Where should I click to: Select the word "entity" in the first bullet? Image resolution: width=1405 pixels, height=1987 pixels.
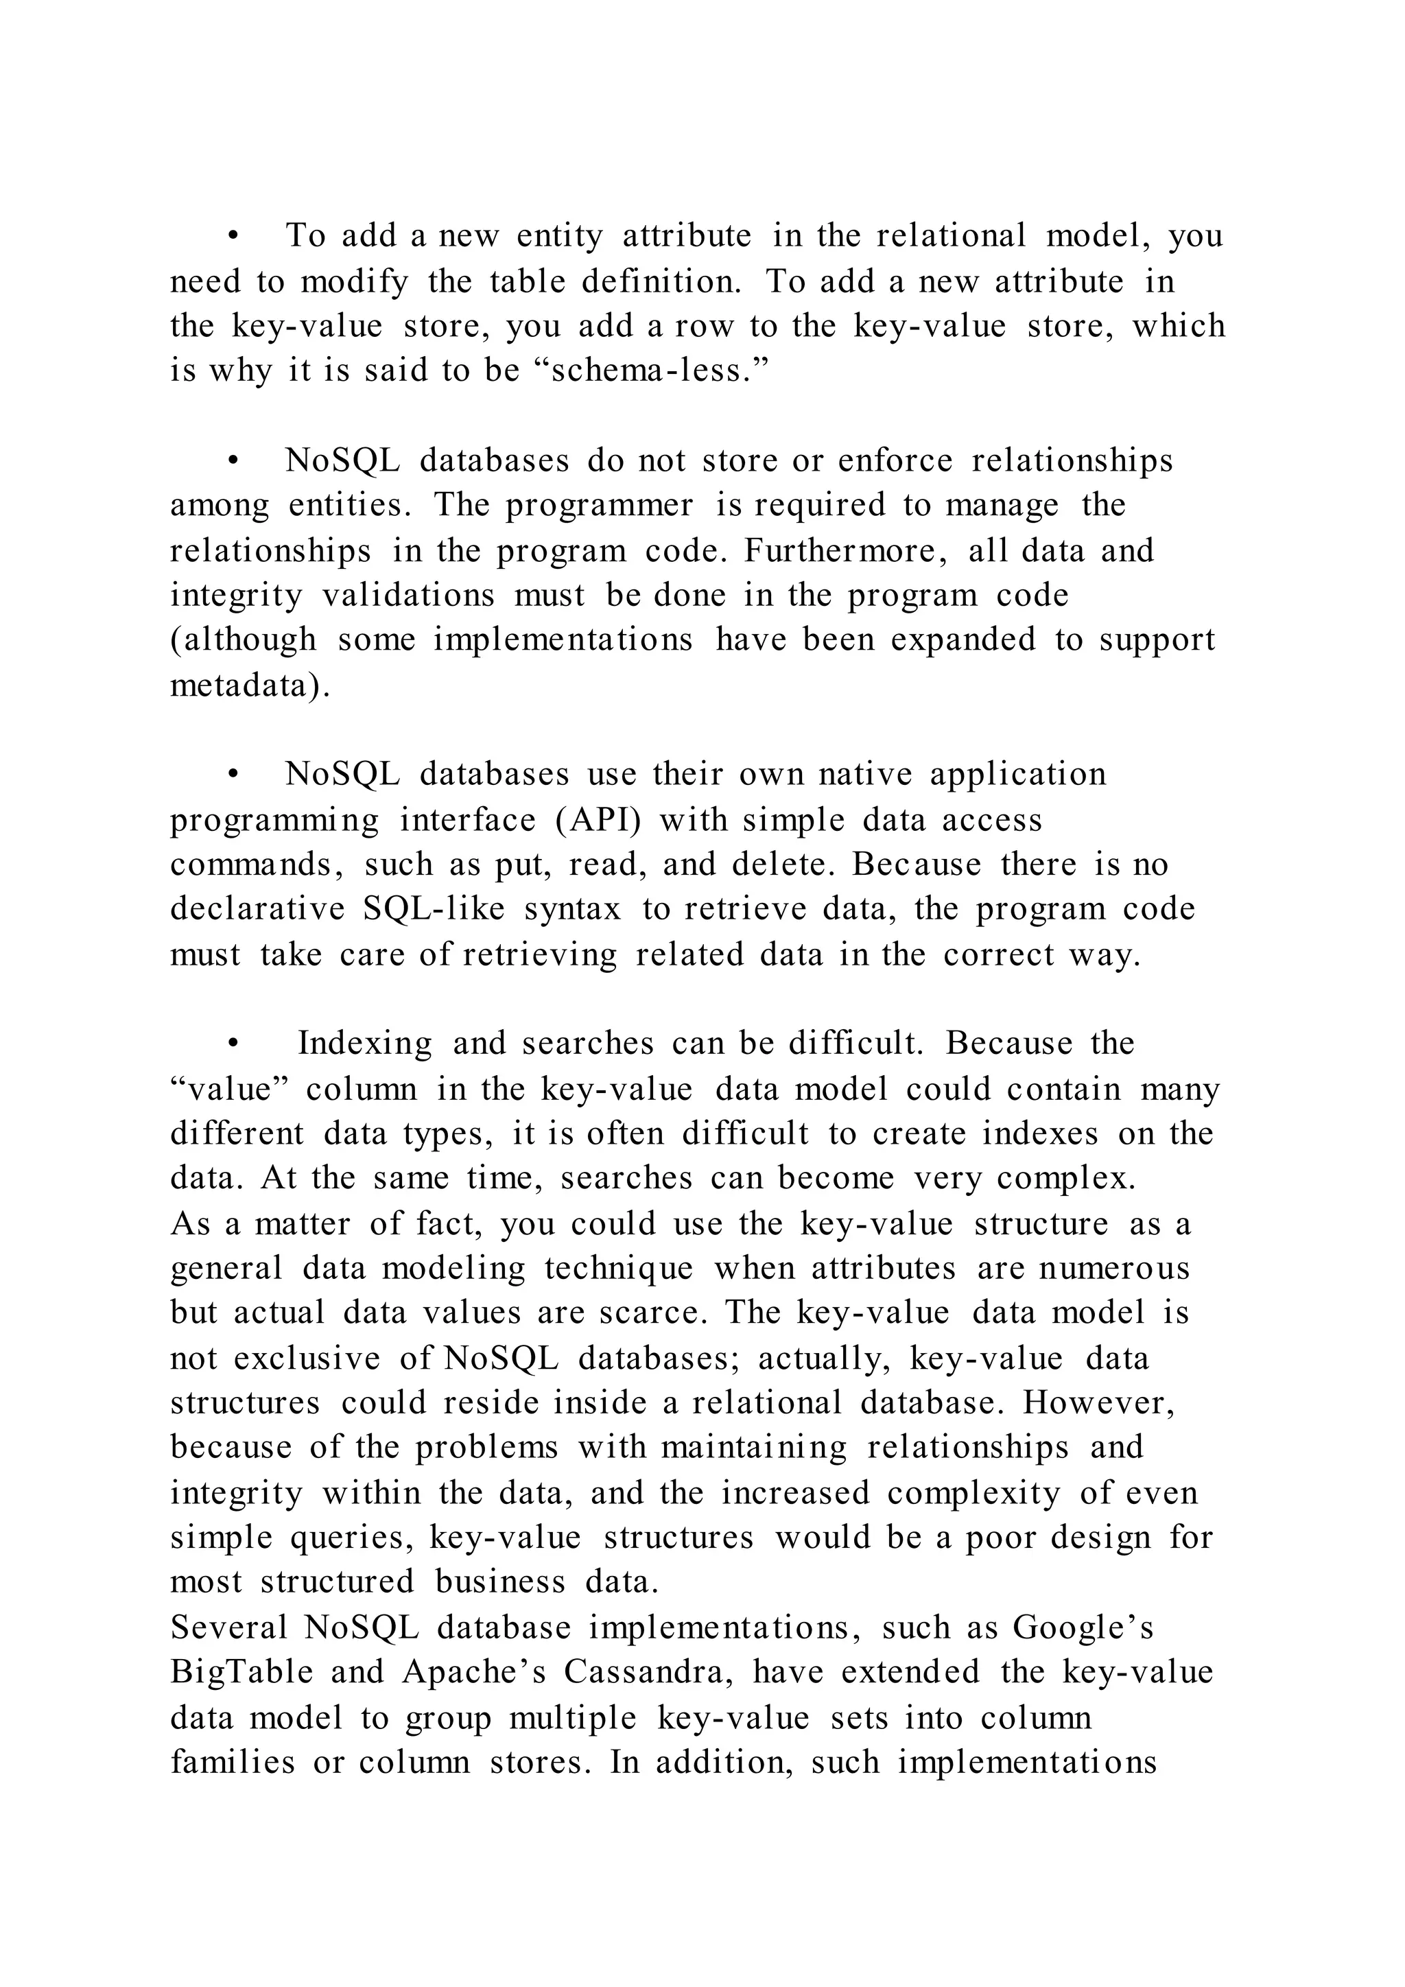pyautogui.click(x=559, y=236)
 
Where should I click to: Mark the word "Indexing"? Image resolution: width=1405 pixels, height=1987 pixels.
pyautogui.click(x=364, y=1044)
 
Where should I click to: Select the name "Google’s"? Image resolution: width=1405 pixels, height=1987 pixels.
pyautogui.click(x=1083, y=1628)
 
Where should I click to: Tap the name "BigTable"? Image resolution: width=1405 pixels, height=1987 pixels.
pyautogui.click(x=241, y=1672)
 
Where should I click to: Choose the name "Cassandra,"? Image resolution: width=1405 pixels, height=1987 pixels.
pyautogui.click(x=649, y=1672)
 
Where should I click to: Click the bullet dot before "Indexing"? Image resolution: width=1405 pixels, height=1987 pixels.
pyautogui.click(x=232, y=1044)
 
